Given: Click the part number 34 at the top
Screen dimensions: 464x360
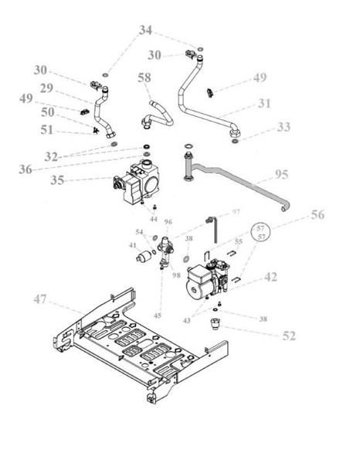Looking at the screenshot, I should click(145, 30).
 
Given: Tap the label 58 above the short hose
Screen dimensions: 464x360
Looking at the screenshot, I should click(144, 78).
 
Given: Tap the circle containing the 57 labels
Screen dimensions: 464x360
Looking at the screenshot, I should click(260, 233).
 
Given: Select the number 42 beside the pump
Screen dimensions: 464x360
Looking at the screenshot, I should click(270, 276).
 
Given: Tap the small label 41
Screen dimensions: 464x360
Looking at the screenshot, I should click(132, 245).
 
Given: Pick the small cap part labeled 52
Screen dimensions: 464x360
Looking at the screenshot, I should click(216, 321).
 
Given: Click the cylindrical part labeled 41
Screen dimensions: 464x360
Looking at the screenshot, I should click(144, 258).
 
